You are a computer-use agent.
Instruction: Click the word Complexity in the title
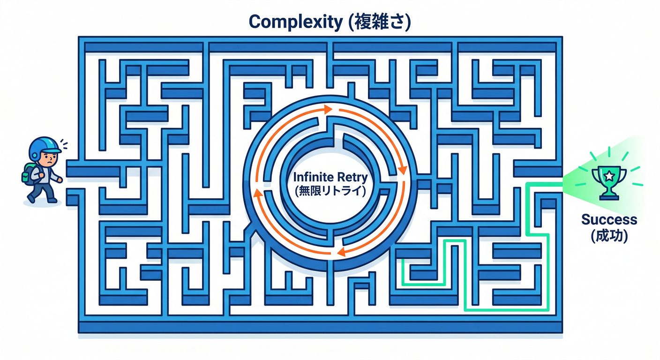coord(296,22)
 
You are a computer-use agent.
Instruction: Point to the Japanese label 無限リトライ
coord(330,191)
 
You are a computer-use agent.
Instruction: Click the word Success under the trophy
coord(609,220)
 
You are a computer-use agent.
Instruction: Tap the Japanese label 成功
coord(609,236)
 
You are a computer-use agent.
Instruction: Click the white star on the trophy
coord(609,176)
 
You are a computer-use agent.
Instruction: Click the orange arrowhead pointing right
coord(328,109)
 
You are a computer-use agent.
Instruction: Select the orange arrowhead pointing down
coord(402,170)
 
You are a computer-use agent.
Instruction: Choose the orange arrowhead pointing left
coord(341,252)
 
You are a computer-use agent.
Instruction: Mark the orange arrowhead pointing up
coord(258,193)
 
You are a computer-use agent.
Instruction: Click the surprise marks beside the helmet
coord(64,144)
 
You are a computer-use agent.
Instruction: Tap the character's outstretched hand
coord(60,180)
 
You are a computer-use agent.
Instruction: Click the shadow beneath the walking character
coord(43,202)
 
